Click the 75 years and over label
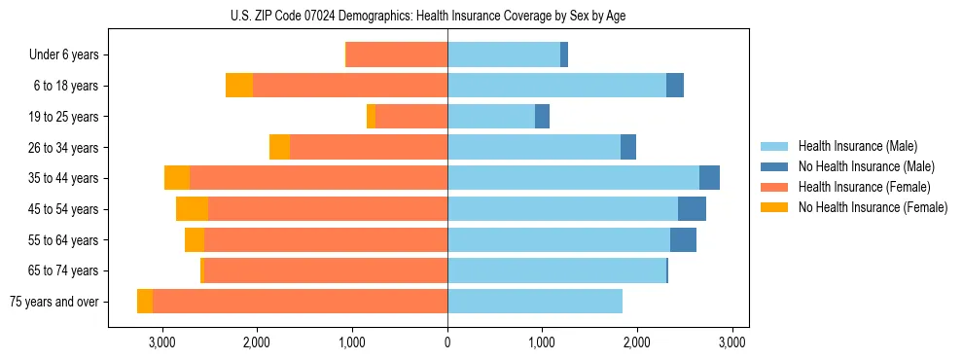tap(54, 302)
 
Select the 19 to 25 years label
tap(63, 117)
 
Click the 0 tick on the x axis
tap(447, 342)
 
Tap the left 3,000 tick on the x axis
tap(161, 342)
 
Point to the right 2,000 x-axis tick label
tap(637, 342)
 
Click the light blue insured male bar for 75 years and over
tap(535, 302)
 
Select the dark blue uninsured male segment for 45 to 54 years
tap(692, 209)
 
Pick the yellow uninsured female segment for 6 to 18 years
tap(239, 86)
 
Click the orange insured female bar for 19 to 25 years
tap(411, 117)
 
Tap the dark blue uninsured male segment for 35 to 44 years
tap(709, 178)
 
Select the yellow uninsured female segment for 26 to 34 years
tap(279, 147)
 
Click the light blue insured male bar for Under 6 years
tap(504, 55)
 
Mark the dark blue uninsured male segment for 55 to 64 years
tap(683, 240)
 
